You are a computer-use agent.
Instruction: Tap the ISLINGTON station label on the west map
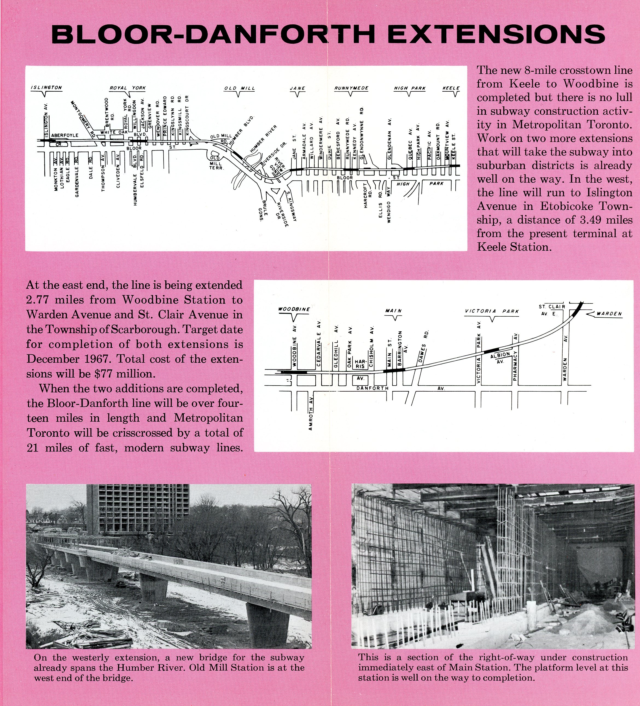[46, 88]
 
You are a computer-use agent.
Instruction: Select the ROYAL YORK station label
[128, 88]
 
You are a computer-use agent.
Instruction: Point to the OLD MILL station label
[240, 88]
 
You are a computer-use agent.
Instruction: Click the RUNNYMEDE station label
[351, 88]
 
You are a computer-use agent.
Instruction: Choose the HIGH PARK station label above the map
[410, 88]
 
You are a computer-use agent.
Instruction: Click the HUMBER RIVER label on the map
[263, 139]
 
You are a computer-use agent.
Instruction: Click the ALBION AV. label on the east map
[500, 358]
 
